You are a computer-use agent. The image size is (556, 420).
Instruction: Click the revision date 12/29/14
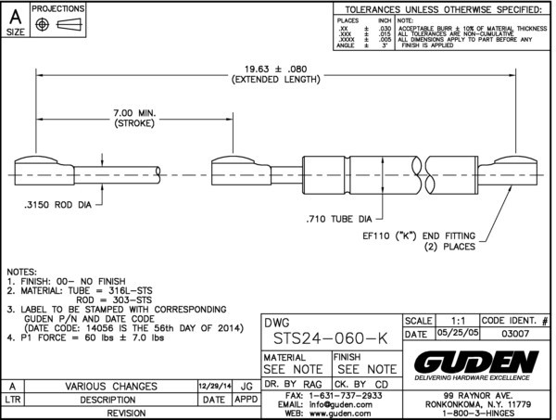click(214, 385)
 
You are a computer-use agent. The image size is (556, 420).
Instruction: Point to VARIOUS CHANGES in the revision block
click(108, 385)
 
